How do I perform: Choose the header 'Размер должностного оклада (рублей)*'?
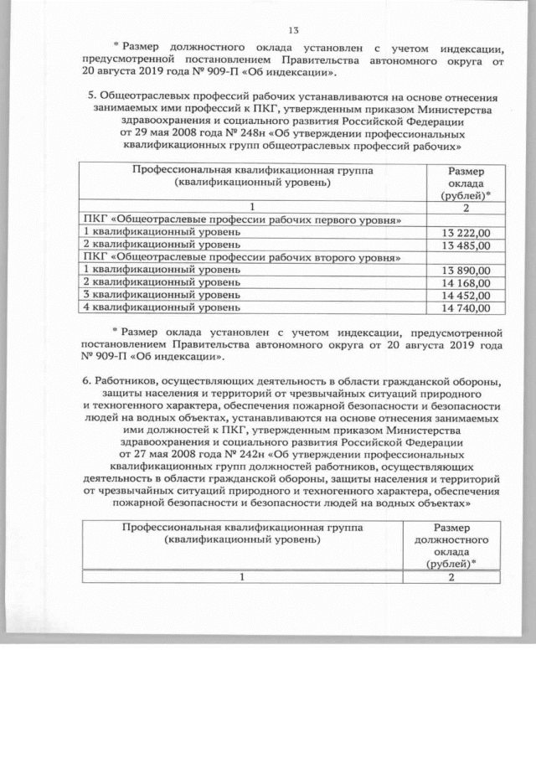pyautogui.click(x=453, y=546)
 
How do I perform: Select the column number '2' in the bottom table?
pyautogui.click(x=453, y=578)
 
